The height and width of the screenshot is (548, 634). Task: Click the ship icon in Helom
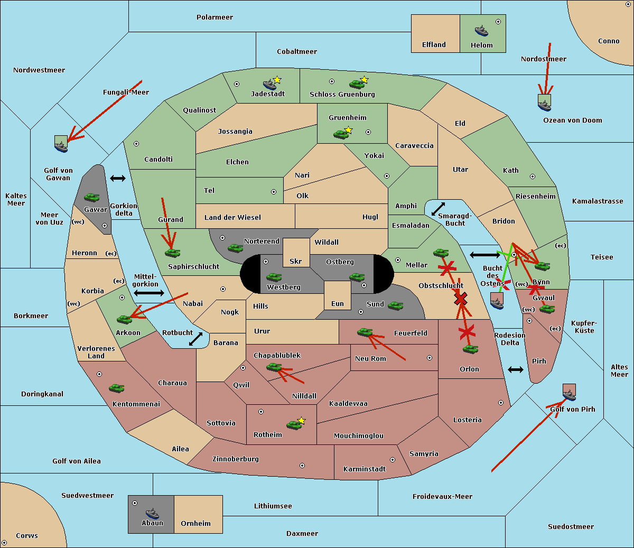(481, 30)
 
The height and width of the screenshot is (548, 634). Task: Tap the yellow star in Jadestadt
(277, 80)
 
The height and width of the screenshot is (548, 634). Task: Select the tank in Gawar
(92, 197)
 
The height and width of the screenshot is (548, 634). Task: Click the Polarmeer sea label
(215, 17)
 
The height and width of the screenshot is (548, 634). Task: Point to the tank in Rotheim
(294, 424)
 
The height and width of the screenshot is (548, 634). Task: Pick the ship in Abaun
(152, 513)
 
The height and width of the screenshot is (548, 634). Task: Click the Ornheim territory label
(195, 524)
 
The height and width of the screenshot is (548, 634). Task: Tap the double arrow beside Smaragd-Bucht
(439, 209)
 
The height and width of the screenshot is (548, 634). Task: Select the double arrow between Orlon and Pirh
(516, 369)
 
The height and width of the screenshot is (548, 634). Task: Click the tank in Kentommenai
(117, 388)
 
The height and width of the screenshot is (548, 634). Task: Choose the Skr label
(296, 262)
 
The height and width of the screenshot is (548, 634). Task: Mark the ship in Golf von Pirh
(569, 394)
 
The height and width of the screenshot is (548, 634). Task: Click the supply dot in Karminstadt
(393, 460)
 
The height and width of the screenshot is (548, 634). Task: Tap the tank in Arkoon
(124, 319)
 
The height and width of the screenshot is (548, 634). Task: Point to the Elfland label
(434, 45)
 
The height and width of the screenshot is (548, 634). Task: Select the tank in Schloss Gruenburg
(357, 84)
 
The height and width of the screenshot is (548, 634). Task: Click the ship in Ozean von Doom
(544, 104)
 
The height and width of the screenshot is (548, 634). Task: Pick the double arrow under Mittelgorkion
(149, 293)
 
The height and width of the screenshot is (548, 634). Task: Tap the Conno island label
(609, 41)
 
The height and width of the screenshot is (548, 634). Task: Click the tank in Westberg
(274, 277)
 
